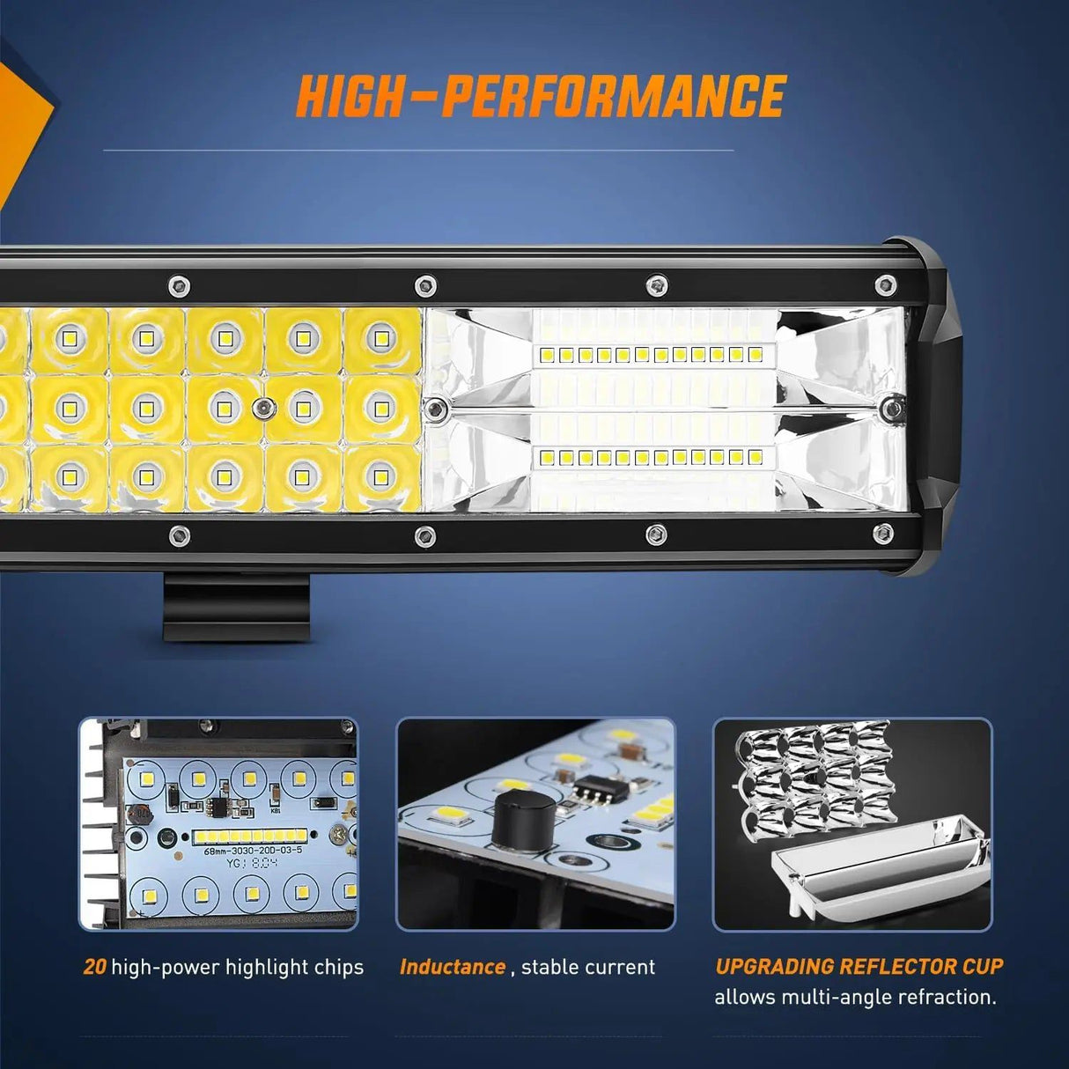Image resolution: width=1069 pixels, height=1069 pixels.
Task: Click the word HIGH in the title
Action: pos(350,96)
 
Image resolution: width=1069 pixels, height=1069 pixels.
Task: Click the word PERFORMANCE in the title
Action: pos(613,96)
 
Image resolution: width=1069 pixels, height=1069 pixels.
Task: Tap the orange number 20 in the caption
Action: pos(94,967)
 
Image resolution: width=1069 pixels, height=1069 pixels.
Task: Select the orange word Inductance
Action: pos(453,967)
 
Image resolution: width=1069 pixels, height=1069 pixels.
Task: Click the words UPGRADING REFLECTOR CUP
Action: pos(859,966)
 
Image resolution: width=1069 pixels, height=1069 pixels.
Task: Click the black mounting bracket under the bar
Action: pos(237,608)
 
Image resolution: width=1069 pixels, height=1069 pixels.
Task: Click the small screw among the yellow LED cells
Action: pos(262,408)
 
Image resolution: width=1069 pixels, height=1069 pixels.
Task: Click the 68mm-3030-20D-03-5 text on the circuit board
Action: pos(253,851)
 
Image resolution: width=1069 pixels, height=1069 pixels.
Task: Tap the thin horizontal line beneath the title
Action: pos(418,151)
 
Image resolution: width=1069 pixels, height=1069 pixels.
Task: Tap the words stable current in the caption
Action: pos(587,967)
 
